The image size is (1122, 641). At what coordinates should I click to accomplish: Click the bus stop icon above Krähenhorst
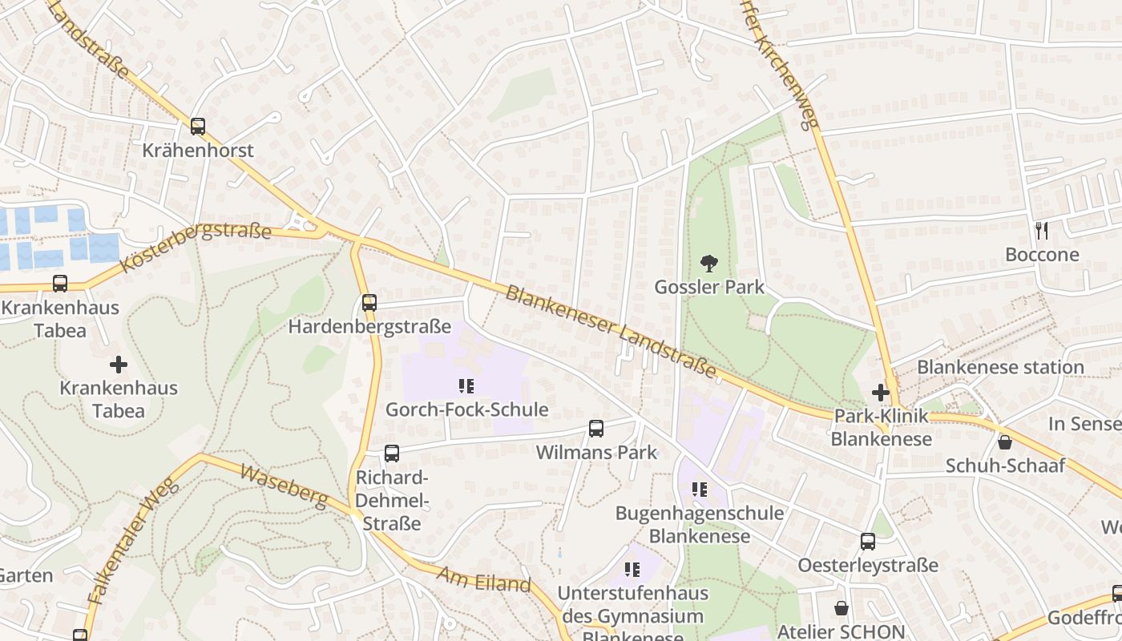click(198, 127)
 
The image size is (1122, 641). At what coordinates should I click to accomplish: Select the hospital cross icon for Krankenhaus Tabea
click(119, 365)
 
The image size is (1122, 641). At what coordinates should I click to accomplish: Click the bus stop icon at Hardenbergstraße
click(369, 303)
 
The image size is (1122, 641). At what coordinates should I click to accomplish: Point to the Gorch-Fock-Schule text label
click(466, 409)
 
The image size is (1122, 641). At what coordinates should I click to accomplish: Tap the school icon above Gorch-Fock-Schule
click(466, 386)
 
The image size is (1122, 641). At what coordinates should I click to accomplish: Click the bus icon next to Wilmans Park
click(596, 429)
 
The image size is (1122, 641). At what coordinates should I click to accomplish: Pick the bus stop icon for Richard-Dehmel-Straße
click(391, 454)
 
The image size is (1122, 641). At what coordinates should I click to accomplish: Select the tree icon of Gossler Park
click(708, 263)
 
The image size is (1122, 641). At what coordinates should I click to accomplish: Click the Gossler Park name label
click(709, 287)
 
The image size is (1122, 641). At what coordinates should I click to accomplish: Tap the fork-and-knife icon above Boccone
click(1042, 231)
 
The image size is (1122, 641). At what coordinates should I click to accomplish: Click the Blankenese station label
click(1000, 367)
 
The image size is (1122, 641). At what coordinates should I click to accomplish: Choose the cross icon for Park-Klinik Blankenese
click(880, 393)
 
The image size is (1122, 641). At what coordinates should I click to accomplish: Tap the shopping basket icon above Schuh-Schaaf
click(1004, 442)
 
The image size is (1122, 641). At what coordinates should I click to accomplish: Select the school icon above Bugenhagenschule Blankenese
click(699, 489)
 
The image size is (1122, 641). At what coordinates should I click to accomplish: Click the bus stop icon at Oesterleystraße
click(868, 542)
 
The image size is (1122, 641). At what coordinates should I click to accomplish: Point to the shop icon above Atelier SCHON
click(841, 608)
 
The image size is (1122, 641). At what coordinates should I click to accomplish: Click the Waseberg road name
click(285, 486)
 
